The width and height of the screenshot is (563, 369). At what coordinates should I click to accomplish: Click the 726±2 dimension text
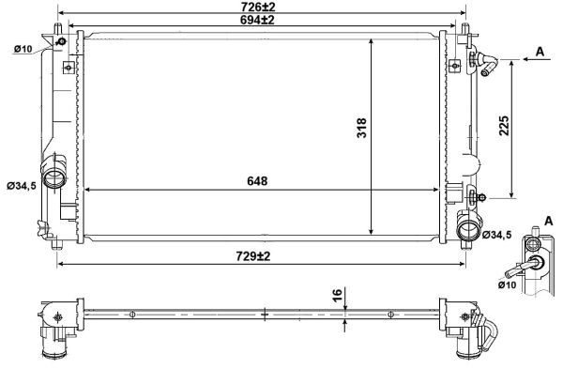point(263,7)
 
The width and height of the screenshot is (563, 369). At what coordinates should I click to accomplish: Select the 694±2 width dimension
point(263,20)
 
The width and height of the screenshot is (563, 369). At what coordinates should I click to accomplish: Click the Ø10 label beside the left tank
point(23,49)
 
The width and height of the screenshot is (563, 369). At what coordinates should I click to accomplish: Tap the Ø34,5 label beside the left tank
point(21,187)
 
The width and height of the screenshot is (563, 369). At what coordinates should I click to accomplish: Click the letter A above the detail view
point(548,220)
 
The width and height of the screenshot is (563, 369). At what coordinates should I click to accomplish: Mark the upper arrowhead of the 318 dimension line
point(373,43)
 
